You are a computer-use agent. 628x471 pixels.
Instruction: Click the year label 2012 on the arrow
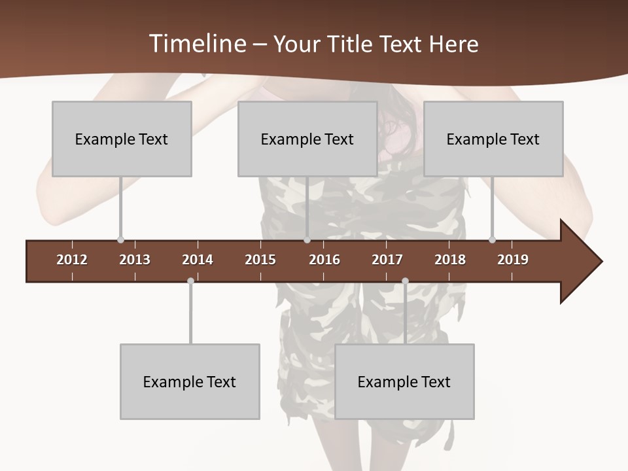72,260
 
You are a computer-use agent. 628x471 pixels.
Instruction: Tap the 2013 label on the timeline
135,260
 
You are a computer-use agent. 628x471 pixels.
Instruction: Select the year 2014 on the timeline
198,260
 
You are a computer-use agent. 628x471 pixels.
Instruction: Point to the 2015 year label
260,260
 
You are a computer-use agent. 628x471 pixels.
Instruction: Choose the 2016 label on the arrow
324,260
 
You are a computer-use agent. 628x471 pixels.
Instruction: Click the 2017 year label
387,260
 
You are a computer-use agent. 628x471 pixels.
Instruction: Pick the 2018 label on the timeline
450,260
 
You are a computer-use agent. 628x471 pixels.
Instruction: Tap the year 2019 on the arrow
513,260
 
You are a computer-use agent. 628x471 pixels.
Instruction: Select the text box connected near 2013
122,139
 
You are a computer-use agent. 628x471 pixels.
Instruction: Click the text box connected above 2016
307,139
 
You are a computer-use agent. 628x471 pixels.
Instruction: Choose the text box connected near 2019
493,139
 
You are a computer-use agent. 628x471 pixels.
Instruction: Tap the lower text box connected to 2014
190,381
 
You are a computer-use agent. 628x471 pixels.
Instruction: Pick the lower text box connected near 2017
404,381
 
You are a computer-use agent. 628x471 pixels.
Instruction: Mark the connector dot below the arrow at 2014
190,281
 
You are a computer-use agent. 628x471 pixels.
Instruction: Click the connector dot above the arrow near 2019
492,239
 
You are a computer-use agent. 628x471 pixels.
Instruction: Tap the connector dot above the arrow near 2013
120,239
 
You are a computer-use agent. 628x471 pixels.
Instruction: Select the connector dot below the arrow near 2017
405,281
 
